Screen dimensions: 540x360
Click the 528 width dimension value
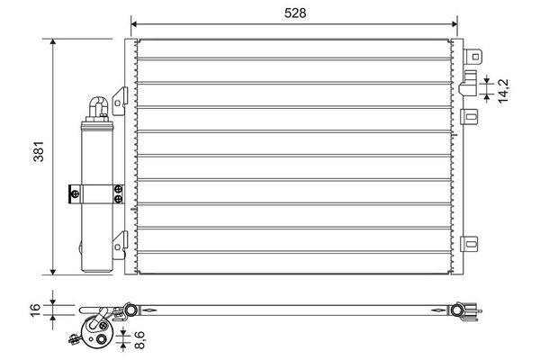pyautogui.click(x=295, y=13)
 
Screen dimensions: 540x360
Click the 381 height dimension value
pyautogui.click(x=39, y=151)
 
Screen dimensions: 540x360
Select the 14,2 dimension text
pyautogui.click(x=503, y=90)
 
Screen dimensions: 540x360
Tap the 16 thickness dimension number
pyautogui.click(x=37, y=310)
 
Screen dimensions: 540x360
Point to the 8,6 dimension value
pyautogui.click(x=139, y=340)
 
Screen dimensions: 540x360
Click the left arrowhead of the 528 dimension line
pyautogui.click(x=134, y=24)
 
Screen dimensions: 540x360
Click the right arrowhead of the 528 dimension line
pyautogui.click(x=454, y=24)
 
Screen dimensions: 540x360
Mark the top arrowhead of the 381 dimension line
pyautogui.click(x=53, y=41)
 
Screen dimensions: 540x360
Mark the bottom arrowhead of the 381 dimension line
pyautogui.click(x=53, y=272)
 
